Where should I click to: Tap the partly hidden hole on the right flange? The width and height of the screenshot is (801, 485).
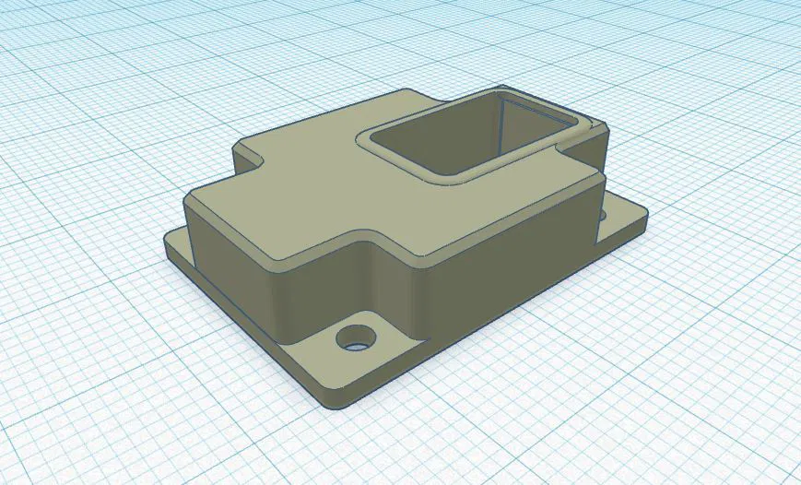[x=605, y=215]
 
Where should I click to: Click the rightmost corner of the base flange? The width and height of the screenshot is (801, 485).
[x=642, y=218]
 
